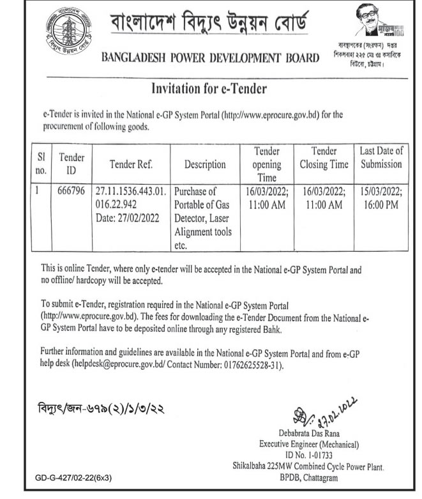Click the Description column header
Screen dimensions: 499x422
coord(205,164)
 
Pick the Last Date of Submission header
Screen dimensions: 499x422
coord(381,157)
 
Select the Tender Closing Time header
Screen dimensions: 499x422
coord(323,157)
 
